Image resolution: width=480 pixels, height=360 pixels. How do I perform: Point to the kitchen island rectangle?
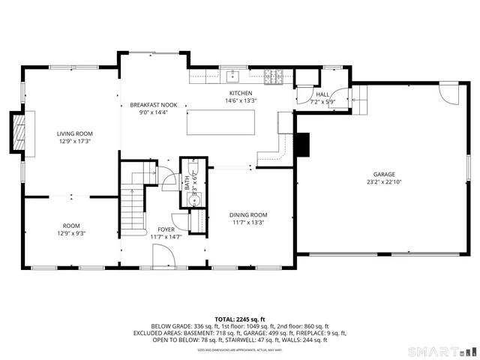coord(220,122)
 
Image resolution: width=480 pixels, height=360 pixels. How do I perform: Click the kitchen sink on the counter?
coord(234,76)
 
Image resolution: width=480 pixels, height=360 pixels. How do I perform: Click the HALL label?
coord(323,94)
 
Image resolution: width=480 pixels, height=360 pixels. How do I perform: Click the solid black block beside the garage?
coord(302,145)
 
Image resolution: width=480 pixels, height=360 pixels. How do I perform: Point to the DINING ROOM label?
coord(248,214)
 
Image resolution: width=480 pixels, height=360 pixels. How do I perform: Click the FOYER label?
coord(166,229)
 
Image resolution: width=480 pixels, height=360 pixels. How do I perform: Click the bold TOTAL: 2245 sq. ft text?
coord(239,319)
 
